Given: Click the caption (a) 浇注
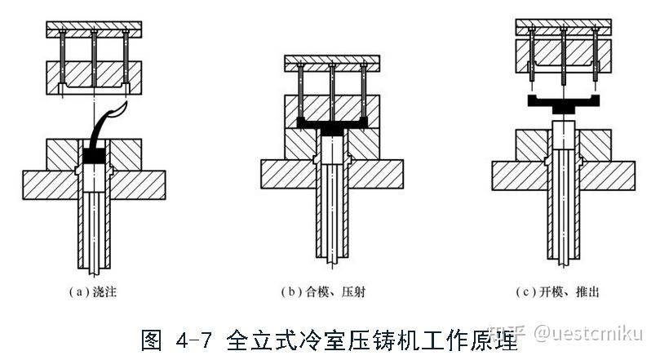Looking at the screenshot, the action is [96, 292].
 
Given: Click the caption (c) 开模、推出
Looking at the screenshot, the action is [564, 292].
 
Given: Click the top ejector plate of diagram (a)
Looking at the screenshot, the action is [95, 29].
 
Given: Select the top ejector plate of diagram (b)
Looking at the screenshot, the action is [332, 62].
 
